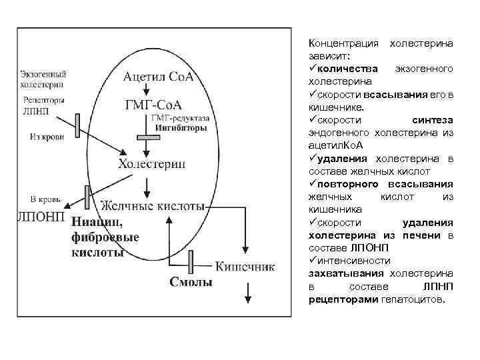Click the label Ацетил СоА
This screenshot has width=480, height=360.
coord(159,77)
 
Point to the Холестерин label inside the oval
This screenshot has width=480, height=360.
coord(151,163)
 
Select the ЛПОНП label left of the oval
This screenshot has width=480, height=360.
coord(40,217)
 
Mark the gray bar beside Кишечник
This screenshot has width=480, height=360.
coord(191,261)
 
